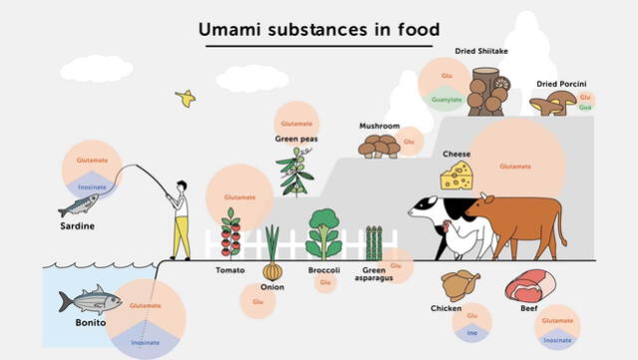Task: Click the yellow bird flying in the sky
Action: [x=184, y=98]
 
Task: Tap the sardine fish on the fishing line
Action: [x=79, y=205]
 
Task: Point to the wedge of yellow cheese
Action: [x=457, y=177]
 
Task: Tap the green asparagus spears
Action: [x=373, y=243]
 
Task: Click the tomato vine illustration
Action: [x=230, y=233]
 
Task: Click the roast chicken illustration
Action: [x=460, y=285]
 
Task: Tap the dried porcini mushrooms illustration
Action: [x=553, y=103]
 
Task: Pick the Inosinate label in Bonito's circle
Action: [x=145, y=342]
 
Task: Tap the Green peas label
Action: [x=295, y=139]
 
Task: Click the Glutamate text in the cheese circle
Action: [x=515, y=166]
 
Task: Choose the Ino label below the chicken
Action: [x=473, y=333]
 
